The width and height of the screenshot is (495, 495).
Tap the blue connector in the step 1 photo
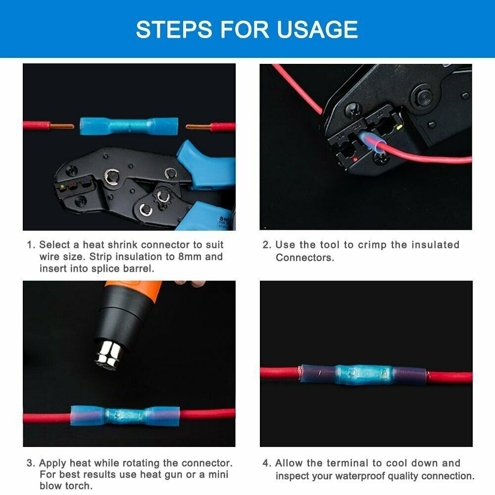pos(129,126)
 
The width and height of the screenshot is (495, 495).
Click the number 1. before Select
pos(31,245)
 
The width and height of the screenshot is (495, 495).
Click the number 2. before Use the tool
pos(267,245)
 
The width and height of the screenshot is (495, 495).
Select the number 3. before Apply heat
pos(31,463)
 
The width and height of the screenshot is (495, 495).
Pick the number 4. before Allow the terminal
pos(267,463)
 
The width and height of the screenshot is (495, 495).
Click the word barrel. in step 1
pos(140,268)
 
